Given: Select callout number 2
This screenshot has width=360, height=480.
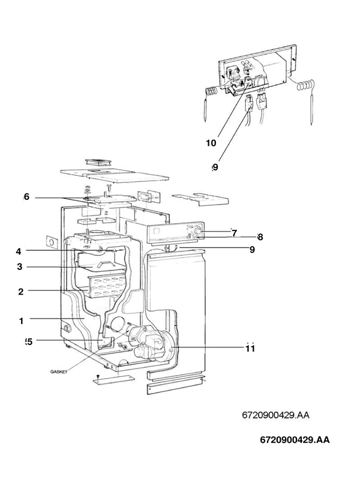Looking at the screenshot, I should click(x=20, y=292).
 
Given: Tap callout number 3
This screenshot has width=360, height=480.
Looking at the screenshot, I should click(x=20, y=267).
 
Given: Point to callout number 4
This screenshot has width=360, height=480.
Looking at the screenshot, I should click(x=19, y=251).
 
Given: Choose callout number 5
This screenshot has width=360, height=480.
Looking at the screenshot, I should click(x=28, y=342).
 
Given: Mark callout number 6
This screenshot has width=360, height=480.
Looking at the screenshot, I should click(x=26, y=197).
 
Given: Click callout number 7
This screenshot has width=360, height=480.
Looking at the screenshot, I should click(x=234, y=233).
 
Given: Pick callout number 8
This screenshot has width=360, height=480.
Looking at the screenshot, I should click(x=260, y=236).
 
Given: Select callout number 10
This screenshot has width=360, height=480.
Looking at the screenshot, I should click(x=211, y=143).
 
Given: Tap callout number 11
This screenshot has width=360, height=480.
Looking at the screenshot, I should click(x=250, y=348).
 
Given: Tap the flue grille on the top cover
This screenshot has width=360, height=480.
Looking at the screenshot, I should click(x=97, y=161).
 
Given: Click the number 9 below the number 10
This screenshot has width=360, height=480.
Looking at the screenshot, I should click(x=214, y=167).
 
